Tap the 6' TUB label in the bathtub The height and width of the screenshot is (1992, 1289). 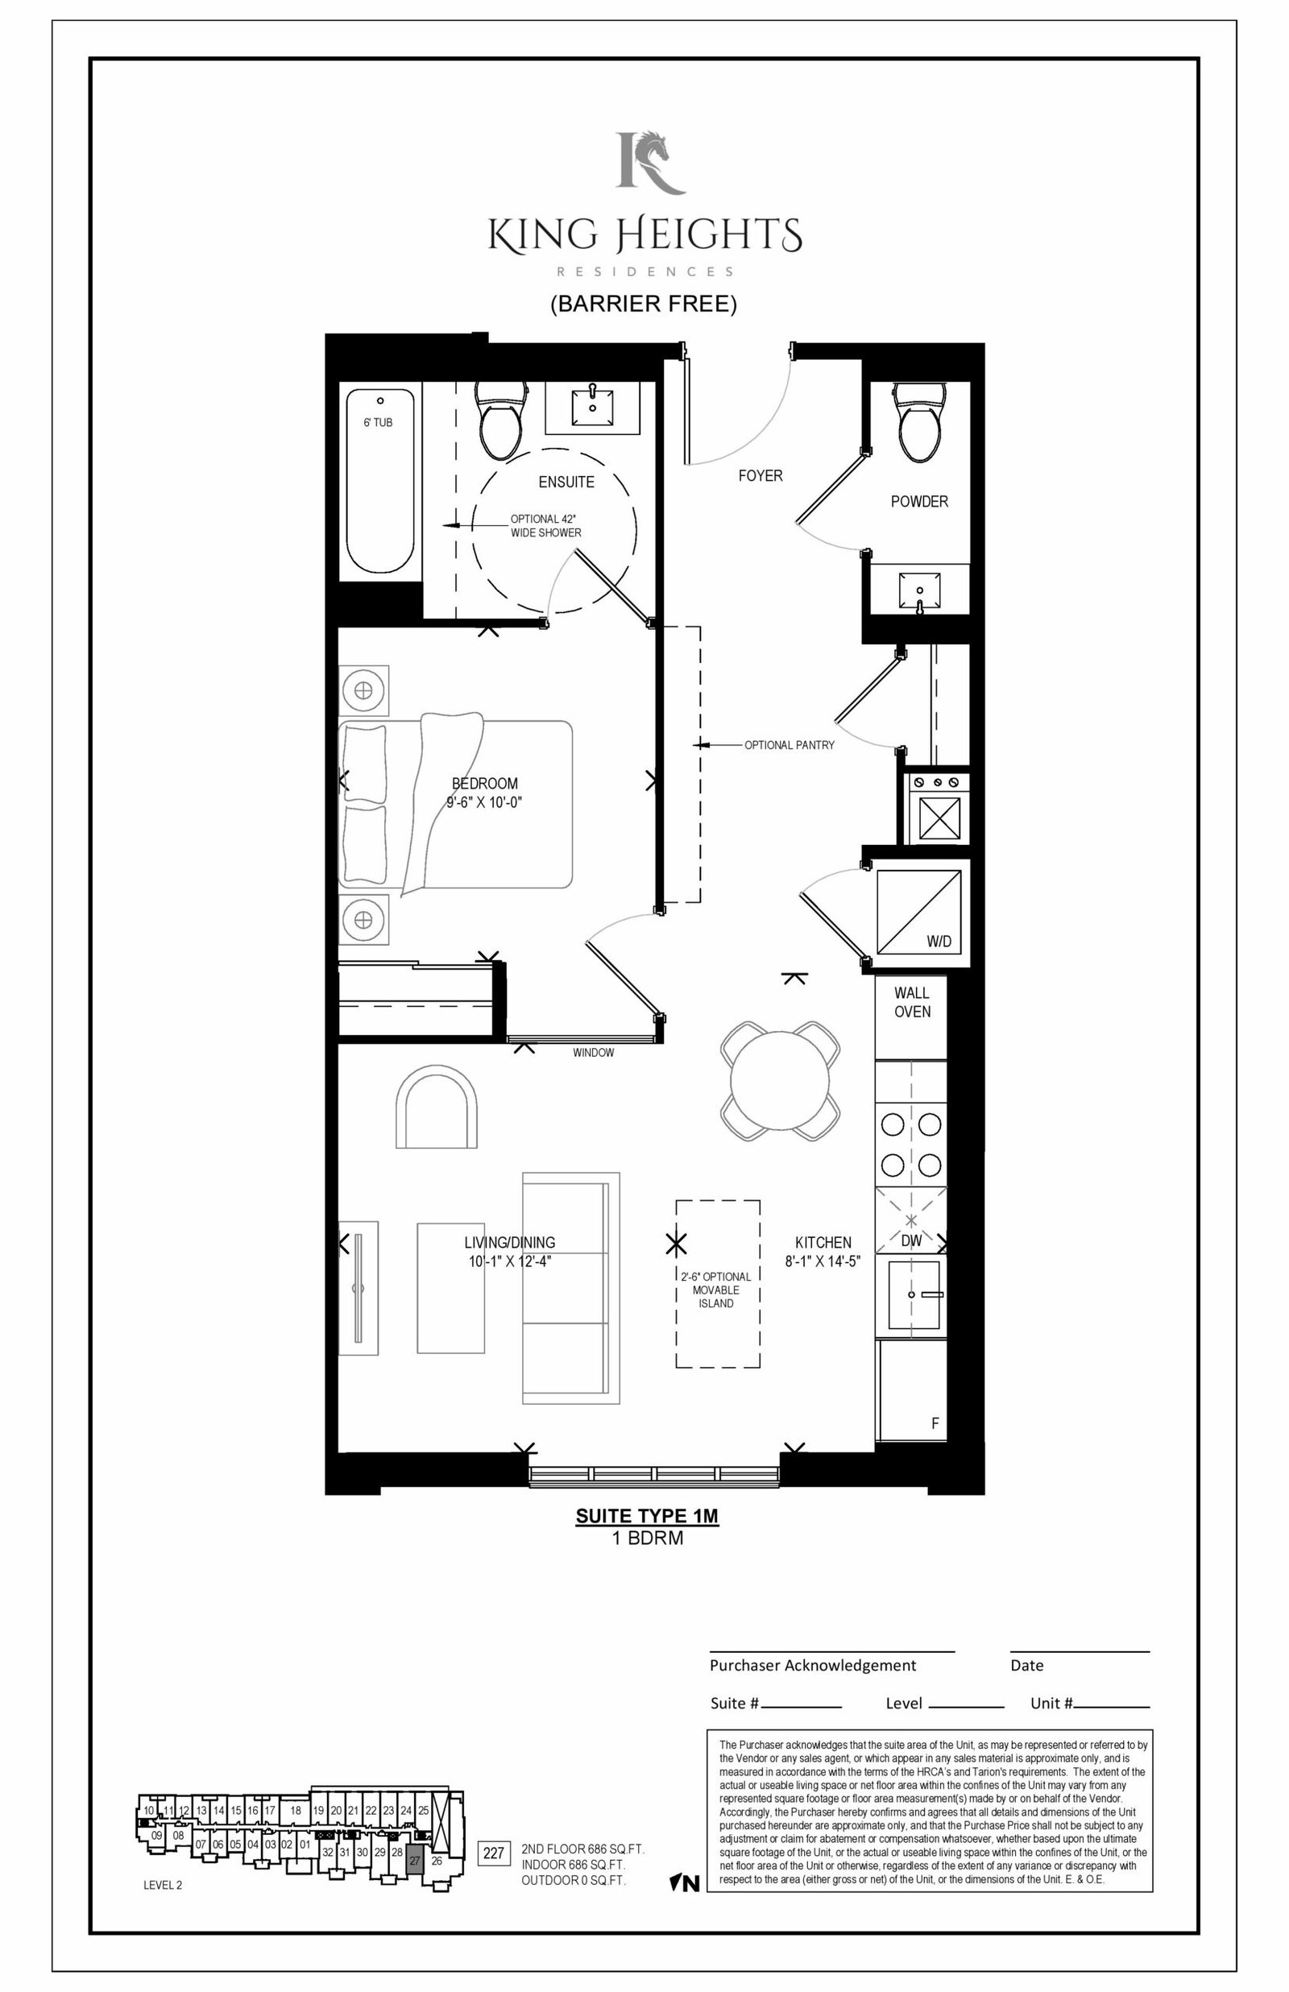click(378, 423)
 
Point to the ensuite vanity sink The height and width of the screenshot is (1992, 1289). click(594, 408)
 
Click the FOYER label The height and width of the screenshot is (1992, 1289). click(760, 475)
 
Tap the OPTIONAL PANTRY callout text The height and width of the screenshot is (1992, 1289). click(790, 744)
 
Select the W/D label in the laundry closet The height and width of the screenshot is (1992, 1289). click(939, 941)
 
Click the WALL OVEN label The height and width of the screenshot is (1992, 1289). click(911, 1001)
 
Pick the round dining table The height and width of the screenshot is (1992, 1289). click(780, 1080)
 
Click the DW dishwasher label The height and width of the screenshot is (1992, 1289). click(911, 1240)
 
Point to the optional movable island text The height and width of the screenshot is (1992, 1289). click(715, 1290)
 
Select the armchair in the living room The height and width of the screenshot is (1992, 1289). click(436, 1106)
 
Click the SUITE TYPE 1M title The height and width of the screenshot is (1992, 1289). click(647, 1516)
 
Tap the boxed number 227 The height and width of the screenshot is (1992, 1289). click(493, 1853)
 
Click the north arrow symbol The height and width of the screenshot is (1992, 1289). click(686, 1883)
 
